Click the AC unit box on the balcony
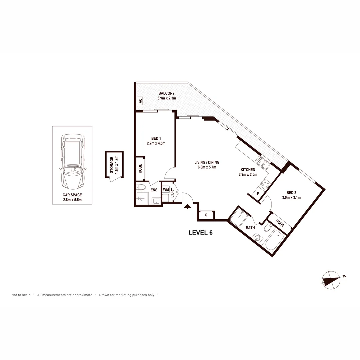tap(140, 100)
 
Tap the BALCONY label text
tap(166, 93)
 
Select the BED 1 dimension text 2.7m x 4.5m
tap(156, 143)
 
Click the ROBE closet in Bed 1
tap(140, 169)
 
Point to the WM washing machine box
tap(166, 189)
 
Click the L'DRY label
tap(172, 194)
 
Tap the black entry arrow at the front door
tap(188, 207)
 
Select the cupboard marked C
tap(206, 215)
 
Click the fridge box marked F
tap(257, 193)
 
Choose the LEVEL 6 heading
tap(200, 233)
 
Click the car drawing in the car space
tap(73, 162)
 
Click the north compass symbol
tap(331, 279)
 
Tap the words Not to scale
tap(21, 295)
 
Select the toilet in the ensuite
tap(142, 187)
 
